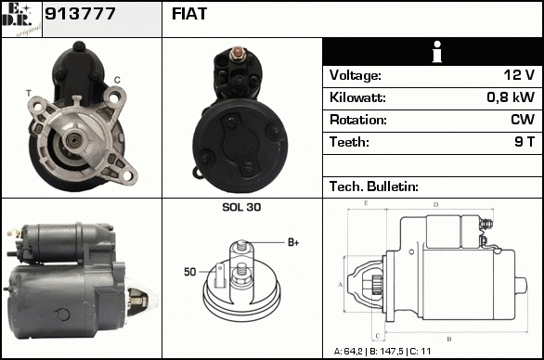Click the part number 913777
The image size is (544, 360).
click(80, 14)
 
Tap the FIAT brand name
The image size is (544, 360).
click(189, 14)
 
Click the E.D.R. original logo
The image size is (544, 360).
click(21, 19)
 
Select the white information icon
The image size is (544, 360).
click(437, 52)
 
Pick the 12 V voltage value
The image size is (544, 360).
click(519, 74)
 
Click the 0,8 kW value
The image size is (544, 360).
click(511, 97)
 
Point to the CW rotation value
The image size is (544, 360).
click(523, 120)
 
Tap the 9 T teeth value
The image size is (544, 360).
click(525, 142)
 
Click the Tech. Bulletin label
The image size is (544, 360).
click(374, 186)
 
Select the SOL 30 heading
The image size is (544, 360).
click(241, 207)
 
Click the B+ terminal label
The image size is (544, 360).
click(293, 242)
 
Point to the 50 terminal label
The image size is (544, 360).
click(190, 272)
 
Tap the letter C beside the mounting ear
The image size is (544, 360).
click(117, 80)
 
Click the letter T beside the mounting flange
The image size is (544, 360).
click(29, 93)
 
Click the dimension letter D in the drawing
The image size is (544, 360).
click(436, 205)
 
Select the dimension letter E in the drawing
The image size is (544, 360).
click(366, 203)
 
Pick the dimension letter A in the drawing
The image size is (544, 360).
click(341, 285)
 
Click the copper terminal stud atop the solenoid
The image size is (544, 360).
click(238, 52)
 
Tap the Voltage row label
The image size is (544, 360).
click(356, 75)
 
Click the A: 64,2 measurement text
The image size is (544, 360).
click(348, 352)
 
